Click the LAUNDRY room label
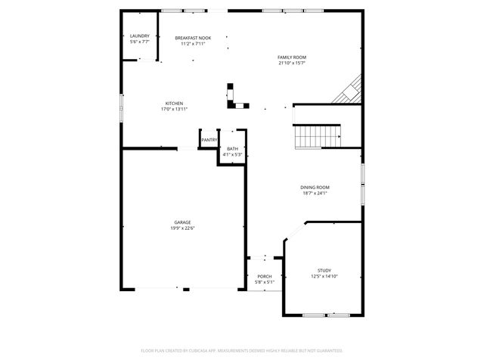tap(140, 36)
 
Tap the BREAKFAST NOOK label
tap(193, 38)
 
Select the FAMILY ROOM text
tap(291, 57)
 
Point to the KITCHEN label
tap(174, 104)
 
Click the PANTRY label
tap(209, 140)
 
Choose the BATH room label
tap(232, 149)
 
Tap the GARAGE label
tap(182, 222)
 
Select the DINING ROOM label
tap(315, 187)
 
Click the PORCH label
tap(264, 277)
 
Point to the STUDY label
tap(324, 270)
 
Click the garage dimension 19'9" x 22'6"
tap(182, 228)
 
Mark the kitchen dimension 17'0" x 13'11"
tap(174, 110)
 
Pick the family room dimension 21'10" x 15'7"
tap(291, 64)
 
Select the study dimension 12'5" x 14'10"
tap(324, 276)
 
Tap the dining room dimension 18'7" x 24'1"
tap(315, 193)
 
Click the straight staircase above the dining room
tap(318, 137)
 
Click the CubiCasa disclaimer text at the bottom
tap(242, 351)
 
